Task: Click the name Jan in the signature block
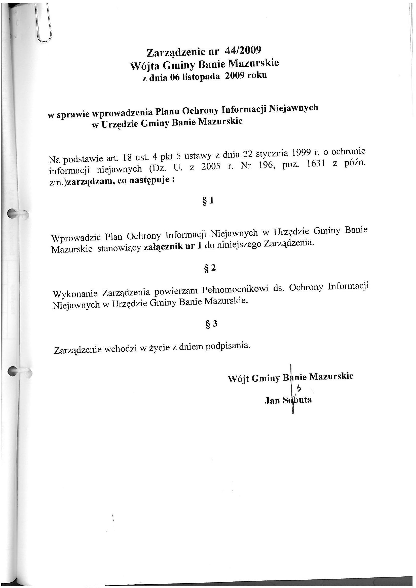click(x=272, y=400)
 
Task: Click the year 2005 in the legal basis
click(x=211, y=167)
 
